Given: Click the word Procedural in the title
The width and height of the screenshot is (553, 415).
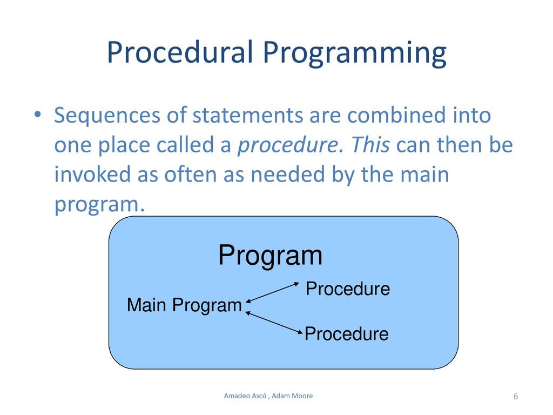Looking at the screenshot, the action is [180, 52].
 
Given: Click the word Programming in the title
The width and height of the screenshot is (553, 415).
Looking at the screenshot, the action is [355, 53].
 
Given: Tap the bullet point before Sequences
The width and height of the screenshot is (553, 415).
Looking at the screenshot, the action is [38, 115].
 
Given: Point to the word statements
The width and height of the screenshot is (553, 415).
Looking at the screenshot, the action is [247, 115].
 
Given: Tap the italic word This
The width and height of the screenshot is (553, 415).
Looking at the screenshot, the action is [370, 144].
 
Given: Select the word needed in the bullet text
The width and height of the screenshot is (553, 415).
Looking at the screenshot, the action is [287, 174].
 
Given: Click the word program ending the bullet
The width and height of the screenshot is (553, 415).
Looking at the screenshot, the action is [99, 205].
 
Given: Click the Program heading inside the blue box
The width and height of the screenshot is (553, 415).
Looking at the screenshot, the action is [270, 256].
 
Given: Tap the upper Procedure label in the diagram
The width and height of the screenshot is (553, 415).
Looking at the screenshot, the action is [348, 289].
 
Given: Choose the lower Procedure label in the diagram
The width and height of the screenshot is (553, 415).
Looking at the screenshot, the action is [347, 334].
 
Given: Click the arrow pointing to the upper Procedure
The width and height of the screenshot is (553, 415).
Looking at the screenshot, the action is [272, 292].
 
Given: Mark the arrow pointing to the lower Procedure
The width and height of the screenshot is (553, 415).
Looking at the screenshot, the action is [274, 323].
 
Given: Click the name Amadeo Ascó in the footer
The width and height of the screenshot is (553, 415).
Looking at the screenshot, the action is [245, 396].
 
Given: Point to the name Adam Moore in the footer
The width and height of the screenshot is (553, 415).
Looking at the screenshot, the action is [292, 396].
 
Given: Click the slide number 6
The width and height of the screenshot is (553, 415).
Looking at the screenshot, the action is [516, 397].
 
